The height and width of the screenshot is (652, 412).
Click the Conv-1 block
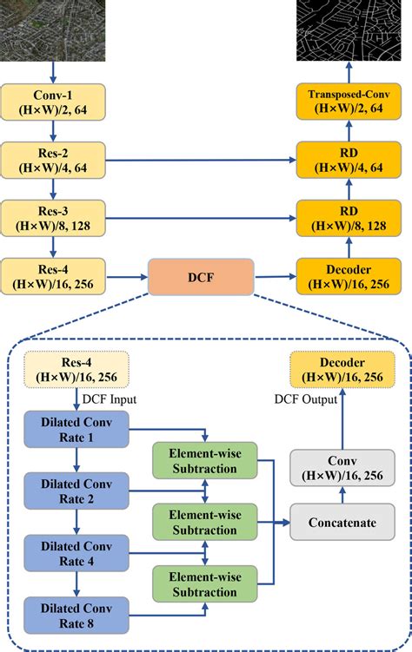(55, 101)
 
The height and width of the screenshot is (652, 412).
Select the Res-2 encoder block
(55, 160)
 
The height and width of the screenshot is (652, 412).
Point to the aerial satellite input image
(55, 28)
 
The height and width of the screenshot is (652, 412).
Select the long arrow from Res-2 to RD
(200, 160)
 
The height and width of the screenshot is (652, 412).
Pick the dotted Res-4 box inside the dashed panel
(76, 368)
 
